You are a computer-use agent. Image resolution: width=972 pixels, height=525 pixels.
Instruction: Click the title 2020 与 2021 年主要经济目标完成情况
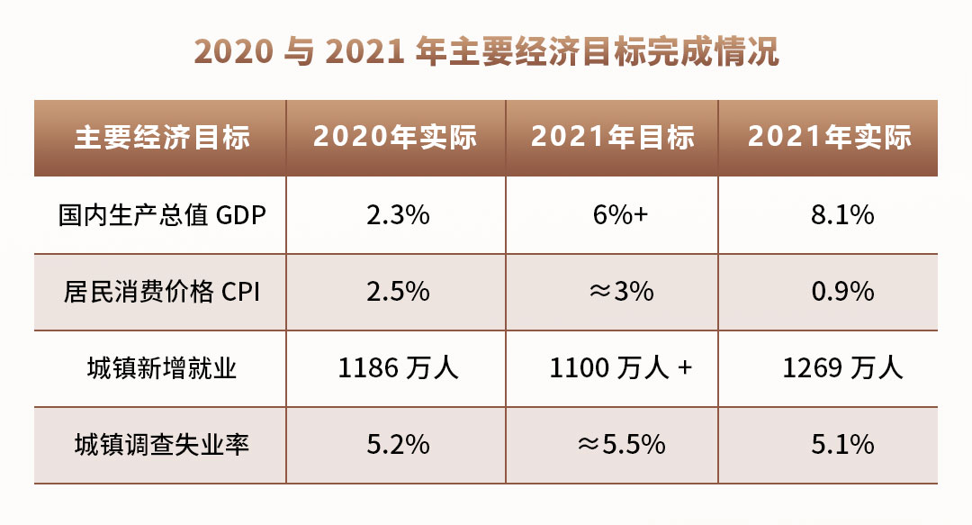pyautogui.click(x=486, y=51)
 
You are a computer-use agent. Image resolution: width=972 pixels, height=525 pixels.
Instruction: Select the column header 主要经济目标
pyautogui.click(x=162, y=137)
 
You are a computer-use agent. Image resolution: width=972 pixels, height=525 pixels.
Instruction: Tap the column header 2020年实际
pyautogui.click(x=395, y=137)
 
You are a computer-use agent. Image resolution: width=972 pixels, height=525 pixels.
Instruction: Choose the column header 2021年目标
pyautogui.click(x=613, y=137)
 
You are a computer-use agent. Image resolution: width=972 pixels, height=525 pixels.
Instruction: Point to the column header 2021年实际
pyautogui.click(x=830, y=137)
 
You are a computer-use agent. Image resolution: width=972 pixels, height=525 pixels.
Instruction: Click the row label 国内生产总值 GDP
pyautogui.click(x=162, y=215)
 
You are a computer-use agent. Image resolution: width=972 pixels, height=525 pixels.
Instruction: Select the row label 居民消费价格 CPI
pyautogui.click(x=162, y=292)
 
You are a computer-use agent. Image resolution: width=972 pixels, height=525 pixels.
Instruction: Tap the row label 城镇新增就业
pyautogui.click(x=162, y=368)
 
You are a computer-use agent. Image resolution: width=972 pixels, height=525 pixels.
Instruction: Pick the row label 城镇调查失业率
pyautogui.click(x=162, y=445)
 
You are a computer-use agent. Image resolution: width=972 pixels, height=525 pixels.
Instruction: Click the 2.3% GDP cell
pyautogui.click(x=398, y=215)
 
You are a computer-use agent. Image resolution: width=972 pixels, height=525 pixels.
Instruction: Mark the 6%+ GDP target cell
pyautogui.click(x=620, y=215)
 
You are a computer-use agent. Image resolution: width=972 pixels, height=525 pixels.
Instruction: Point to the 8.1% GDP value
pyautogui.click(x=842, y=215)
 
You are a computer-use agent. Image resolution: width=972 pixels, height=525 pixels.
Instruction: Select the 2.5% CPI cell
pyautogui.click(x=398, y=292)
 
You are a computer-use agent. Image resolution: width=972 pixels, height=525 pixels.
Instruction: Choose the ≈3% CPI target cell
pyautogui.click(x=621, y=292)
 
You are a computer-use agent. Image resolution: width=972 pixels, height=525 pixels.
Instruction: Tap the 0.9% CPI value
pyautogui.click(x=843, y=292)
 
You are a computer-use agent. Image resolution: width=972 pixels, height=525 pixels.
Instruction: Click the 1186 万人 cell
pyautogui.click(x=398, y=368)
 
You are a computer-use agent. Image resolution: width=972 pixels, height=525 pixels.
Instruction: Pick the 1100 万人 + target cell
pyautogui.click(x=620, y=368)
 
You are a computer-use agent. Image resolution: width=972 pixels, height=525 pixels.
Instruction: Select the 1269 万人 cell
pyautogui.click(x=842, y=368)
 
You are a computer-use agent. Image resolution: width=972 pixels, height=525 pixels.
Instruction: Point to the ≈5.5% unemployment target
pyautogui.click(x=621, y=445)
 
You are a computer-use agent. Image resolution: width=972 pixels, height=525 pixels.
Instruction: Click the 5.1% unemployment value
pyautogui.click(x=843, y=445)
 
